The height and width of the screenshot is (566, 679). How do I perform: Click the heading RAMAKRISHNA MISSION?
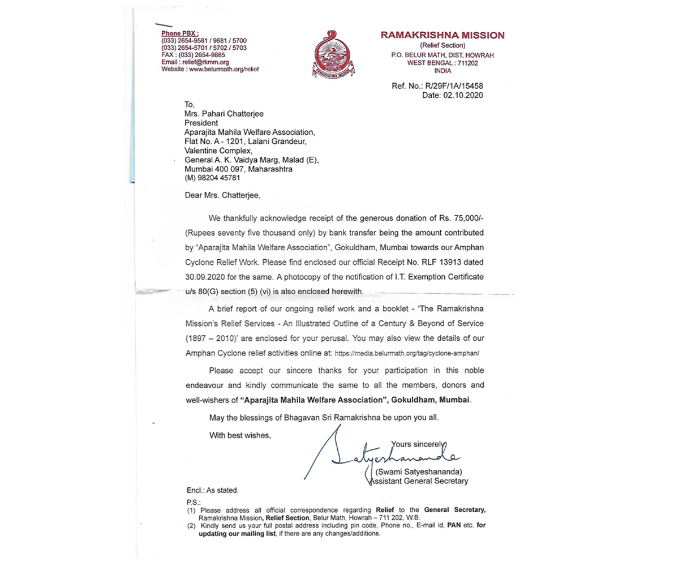pyautogui.click(x=442, y=35)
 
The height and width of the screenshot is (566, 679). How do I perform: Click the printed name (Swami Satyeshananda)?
pyautogui.click(x=419, y=471)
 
